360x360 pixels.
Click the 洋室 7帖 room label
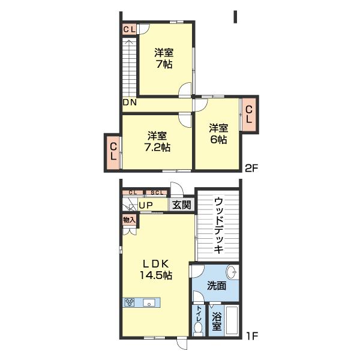coord(163,58)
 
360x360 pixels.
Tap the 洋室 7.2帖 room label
coord(157,142)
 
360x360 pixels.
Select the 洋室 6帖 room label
coord(218,134)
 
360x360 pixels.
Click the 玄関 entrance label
coord(182,205)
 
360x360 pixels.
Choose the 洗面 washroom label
coord(217,286)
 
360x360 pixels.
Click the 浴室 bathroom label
coord(217,321)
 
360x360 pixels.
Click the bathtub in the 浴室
coord(232,320)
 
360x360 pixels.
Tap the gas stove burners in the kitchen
coord(130,302)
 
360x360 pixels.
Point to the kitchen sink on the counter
coord(149,302)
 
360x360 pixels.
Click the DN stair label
coord(130,103)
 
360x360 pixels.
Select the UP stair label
coord(146,205)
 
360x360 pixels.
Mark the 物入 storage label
coord(129,220)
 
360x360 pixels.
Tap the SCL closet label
coord(157,193)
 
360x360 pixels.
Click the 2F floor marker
coord(251,169)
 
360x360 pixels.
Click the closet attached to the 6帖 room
coord(249,115)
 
